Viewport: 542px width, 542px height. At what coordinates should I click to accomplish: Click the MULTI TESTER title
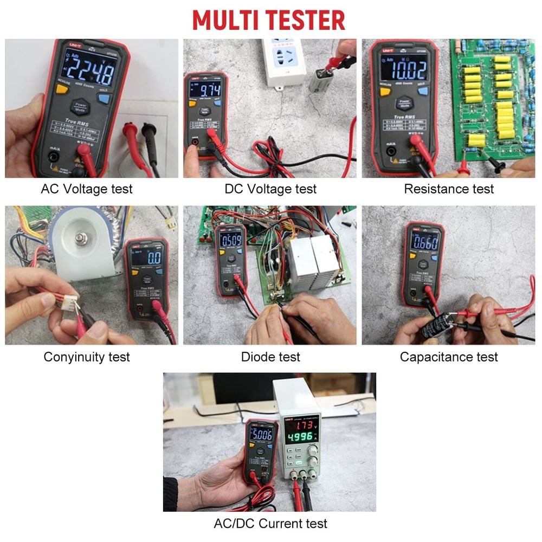[269, 20]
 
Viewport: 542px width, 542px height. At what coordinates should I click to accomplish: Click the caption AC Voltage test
[87, 189]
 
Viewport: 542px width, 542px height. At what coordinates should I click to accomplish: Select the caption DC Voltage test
[270, 189]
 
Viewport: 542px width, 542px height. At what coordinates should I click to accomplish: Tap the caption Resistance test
[449, 189]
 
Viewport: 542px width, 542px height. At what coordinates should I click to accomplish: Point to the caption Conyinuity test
[87, 357]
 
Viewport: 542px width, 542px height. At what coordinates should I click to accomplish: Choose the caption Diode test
[270, 357]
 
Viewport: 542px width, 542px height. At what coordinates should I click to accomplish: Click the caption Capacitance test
[449, 357]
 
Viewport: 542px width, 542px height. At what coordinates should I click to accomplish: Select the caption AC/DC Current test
[270, 524]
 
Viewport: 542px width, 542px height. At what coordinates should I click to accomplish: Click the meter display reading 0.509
[230, 239]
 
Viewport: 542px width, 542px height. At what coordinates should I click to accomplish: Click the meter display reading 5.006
[261, 434]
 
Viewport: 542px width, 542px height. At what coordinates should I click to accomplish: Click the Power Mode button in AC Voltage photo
[81, 106]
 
